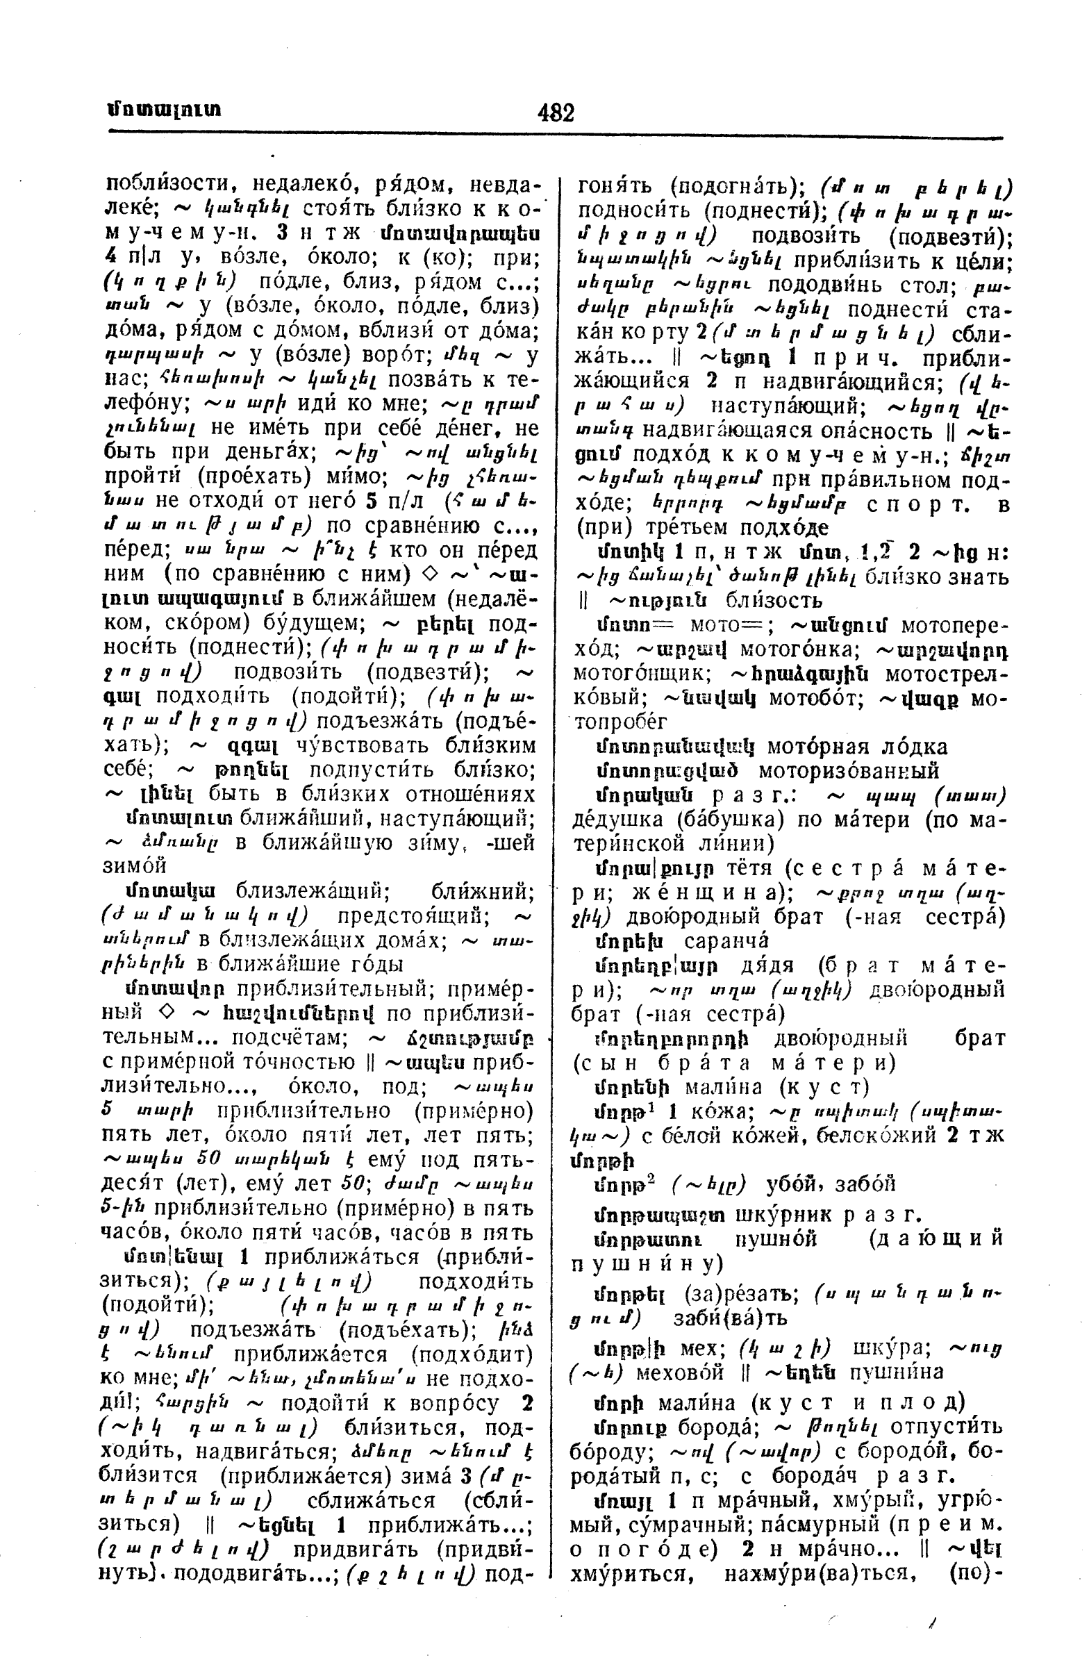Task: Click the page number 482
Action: (x=556, y=112)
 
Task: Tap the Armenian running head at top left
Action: (x=164, y=111)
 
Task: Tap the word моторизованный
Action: (x=849, y=771)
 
